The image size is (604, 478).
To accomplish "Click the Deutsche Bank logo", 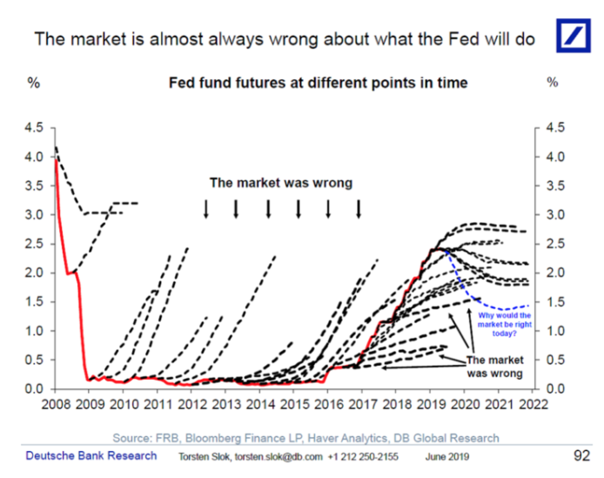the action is tap(574, 36).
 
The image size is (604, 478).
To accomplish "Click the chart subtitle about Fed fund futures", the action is tap(319, 83).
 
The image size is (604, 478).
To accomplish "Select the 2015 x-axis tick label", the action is tap(295, 404).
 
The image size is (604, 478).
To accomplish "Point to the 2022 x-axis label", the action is tap(534, 404).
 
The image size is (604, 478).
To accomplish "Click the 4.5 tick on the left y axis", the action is tap(34, 128).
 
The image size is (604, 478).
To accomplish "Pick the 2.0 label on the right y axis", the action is tap(555, 273).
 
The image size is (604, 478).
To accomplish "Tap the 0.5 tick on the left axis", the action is tap(34, 360).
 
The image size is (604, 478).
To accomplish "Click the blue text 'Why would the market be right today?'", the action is tap(505, 324).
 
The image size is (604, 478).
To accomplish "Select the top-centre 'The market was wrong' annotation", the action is tap(281, 183).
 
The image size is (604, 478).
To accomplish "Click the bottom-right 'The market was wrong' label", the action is tap(495, 367).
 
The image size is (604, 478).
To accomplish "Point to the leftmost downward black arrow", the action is tap(206, 209).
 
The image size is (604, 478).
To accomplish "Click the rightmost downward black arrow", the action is tap(359, 209).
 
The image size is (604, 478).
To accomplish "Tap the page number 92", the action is tap(581, 455).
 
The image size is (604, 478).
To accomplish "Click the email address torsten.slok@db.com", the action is tap(279, 457).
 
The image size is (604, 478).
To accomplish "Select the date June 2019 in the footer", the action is tap(447, 457).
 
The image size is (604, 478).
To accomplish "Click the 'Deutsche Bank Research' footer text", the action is tap(91, 455).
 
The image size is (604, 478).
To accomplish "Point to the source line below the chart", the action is tap(305, 438).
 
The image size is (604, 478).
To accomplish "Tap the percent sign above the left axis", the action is tap(34, 83).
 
